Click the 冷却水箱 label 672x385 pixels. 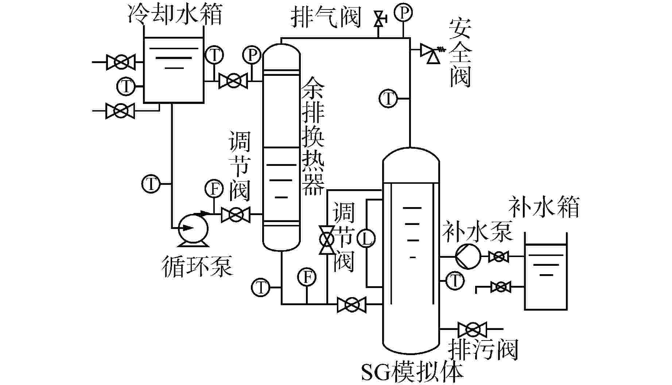(x=175, y=15)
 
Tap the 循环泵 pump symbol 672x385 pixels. (x=193, y=229)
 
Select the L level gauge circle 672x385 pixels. (x=366, y=239)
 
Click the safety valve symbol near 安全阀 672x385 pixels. (x=430, y=53)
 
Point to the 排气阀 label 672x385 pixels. (x=326, y=17)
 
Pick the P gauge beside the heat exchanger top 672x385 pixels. (x=252, y=55)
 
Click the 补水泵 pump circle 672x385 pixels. (x=468, y=256)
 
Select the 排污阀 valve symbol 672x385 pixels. (x=473, y=330)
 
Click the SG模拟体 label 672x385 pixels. (x=412, y=372)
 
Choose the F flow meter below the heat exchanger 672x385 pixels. (x=307, y=277)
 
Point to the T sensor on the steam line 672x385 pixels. (x=389, y=98)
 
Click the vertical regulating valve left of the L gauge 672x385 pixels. (x=326, y=240)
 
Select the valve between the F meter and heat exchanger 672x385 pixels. (x=236, y=214)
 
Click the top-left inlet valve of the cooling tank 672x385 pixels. (x=121, y=62)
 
